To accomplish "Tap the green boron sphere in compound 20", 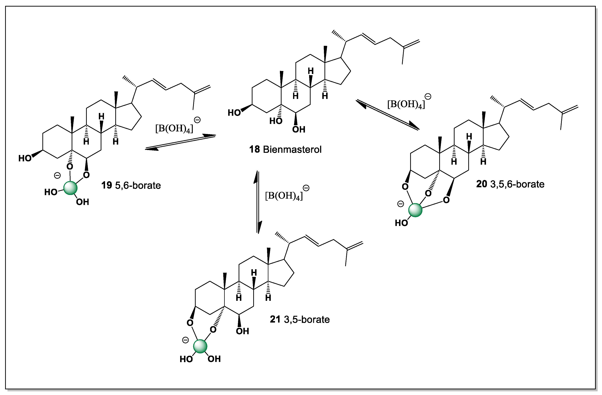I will click(x=415, y=210).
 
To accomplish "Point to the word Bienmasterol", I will click(x=292, y=149).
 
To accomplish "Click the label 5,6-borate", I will click(x=138, y=185).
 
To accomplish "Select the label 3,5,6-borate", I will click(x=517, y=184).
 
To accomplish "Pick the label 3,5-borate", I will click(x=307, y=320).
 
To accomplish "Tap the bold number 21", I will click(x=275, y=320).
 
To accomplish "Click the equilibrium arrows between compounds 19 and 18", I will click(x=180, y=142).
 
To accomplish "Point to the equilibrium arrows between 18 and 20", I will click(x=388, y=115).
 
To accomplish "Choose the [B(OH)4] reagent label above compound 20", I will click(x=406, y=104).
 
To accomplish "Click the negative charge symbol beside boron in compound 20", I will click(x=400, y=204).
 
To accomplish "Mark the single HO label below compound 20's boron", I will click(x=401, y=223).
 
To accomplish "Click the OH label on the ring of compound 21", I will click(x=242, y=331).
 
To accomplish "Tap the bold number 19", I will click(x=107, y=185).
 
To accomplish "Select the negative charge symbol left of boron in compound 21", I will click(x=185, y=340).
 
